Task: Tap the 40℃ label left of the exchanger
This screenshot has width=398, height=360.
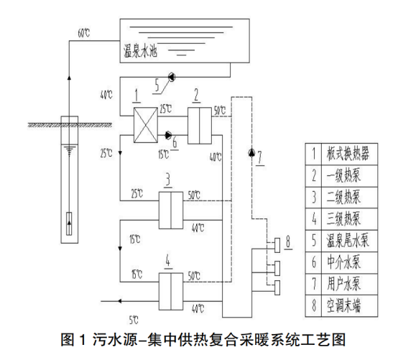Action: click(107, 94)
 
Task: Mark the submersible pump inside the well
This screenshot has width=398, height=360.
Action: click(68, 220)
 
